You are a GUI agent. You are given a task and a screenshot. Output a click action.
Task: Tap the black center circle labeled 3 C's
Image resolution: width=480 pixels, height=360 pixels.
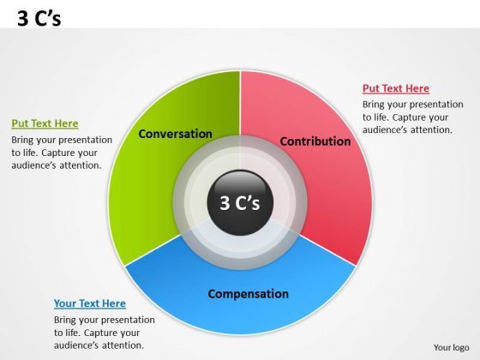240,202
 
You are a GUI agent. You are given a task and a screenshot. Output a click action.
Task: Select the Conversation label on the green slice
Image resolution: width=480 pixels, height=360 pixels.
175,134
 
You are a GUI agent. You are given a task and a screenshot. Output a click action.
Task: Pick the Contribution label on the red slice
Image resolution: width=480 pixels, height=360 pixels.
315,141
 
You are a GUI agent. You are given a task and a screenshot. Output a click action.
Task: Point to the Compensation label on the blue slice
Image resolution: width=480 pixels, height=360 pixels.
248,294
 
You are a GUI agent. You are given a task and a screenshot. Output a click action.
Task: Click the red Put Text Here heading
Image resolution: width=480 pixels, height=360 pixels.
395,88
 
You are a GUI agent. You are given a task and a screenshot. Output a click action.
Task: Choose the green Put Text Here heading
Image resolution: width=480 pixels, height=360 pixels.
45,123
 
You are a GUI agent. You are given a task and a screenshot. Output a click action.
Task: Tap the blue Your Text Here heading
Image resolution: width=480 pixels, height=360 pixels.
89,303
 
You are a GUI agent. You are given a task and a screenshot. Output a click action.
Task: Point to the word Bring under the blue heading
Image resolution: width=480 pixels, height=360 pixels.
67,320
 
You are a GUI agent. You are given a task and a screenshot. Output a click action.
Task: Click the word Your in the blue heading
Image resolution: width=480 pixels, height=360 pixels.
65,303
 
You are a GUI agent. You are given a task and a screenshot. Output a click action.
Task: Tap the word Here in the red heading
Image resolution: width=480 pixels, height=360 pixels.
417,88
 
